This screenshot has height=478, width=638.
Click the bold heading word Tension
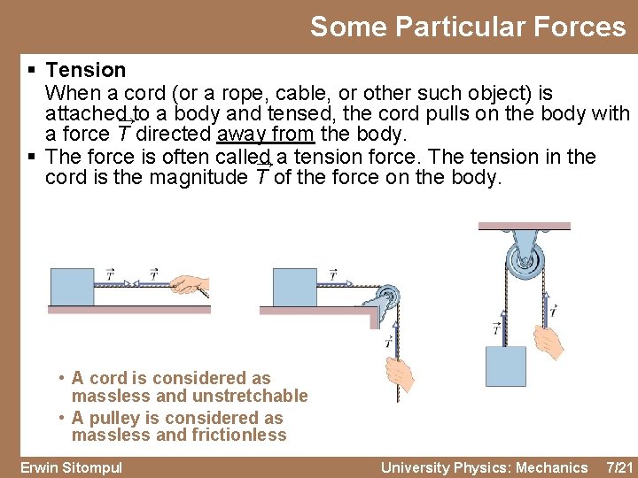86,70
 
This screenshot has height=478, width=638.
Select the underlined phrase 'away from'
266,135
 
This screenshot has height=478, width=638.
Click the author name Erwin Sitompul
71,467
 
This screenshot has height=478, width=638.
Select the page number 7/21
617,467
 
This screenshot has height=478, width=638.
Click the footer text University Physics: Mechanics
484,467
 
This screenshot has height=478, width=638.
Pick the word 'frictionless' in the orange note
234,435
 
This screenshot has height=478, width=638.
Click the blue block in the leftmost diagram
73,286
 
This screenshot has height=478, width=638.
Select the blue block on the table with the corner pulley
294,286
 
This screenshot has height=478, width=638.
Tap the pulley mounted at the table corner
386,297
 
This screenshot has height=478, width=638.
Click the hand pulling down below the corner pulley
400,371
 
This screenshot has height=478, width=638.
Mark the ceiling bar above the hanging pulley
525,227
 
